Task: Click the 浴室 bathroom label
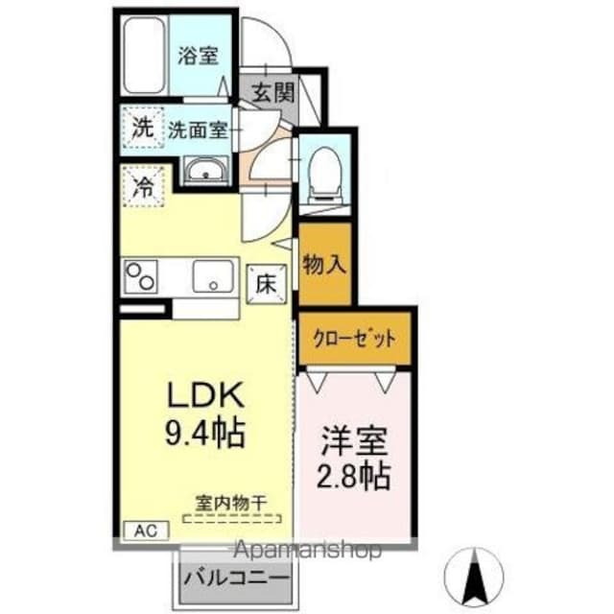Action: pos(198,56)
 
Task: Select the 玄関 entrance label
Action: pos(272,94)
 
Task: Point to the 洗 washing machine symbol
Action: pos(143,128)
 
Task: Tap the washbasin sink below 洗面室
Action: pos(205,174)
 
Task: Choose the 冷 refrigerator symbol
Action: pos(143,186)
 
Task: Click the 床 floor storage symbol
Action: pos(265,282)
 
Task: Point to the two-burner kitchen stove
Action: pos(143,277)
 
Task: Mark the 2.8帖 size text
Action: pos(354,476)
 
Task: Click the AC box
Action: pos(142,530)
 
